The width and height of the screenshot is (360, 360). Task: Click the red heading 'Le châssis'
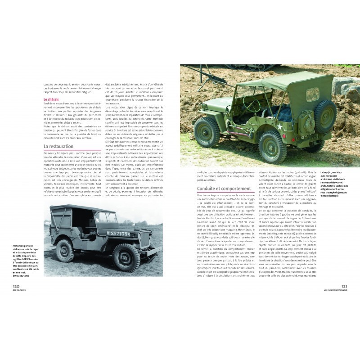[x=52, y=99]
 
